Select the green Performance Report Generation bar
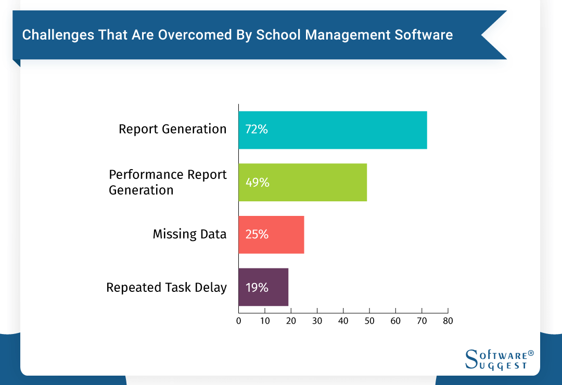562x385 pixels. coord(312,182)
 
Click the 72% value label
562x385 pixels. coord(257,130)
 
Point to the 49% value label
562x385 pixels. coord(257,182)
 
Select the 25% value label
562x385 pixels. coord(257,235)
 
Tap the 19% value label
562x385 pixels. coord(257,287)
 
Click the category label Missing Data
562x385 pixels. coord(189,234)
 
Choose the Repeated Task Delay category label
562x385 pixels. coord(167,287)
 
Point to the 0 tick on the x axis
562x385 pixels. coord(239,321)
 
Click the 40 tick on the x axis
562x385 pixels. coord(343,321)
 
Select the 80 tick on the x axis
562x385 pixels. coord(448,321)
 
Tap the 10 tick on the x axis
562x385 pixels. coord(265,321)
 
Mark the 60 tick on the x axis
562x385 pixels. coord(395,321)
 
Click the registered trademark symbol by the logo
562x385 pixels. coord(531,353)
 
